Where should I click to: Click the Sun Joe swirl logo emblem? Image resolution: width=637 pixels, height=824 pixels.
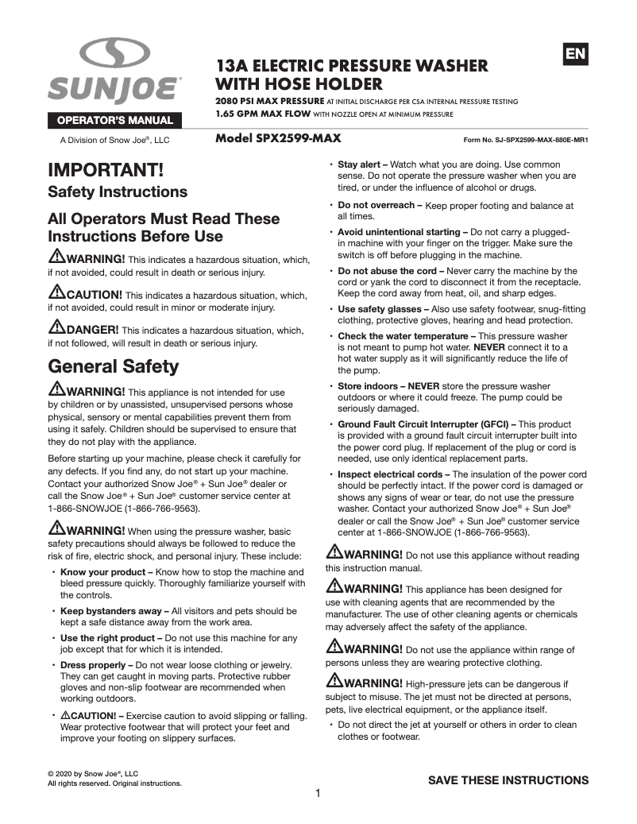(115, 56)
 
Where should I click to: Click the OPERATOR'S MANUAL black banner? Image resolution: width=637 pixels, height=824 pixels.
(116, 121)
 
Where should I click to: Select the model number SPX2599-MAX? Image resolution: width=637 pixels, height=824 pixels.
(278, 137)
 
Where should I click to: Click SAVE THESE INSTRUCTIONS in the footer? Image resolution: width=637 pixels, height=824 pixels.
(508, 780)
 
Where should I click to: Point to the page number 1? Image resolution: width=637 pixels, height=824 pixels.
(318, 793)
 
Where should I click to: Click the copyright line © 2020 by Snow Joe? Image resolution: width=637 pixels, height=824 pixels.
(94, 773)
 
